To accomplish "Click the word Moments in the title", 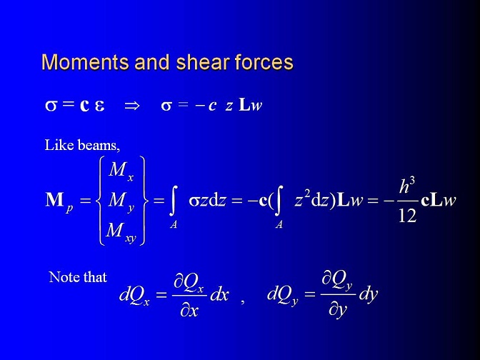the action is [85, 62].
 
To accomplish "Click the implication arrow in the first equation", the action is [132, 106].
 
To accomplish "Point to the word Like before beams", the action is [59, 145].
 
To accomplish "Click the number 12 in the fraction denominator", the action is [407, 216].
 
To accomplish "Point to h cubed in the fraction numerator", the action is [407, 186].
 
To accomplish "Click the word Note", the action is [64, 277].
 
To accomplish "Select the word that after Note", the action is [95, 277].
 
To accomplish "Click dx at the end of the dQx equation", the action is [219, 295].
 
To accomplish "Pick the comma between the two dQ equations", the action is [242, 301].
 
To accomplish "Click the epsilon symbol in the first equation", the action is [99, 106].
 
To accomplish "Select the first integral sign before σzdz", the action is [174, 202].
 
